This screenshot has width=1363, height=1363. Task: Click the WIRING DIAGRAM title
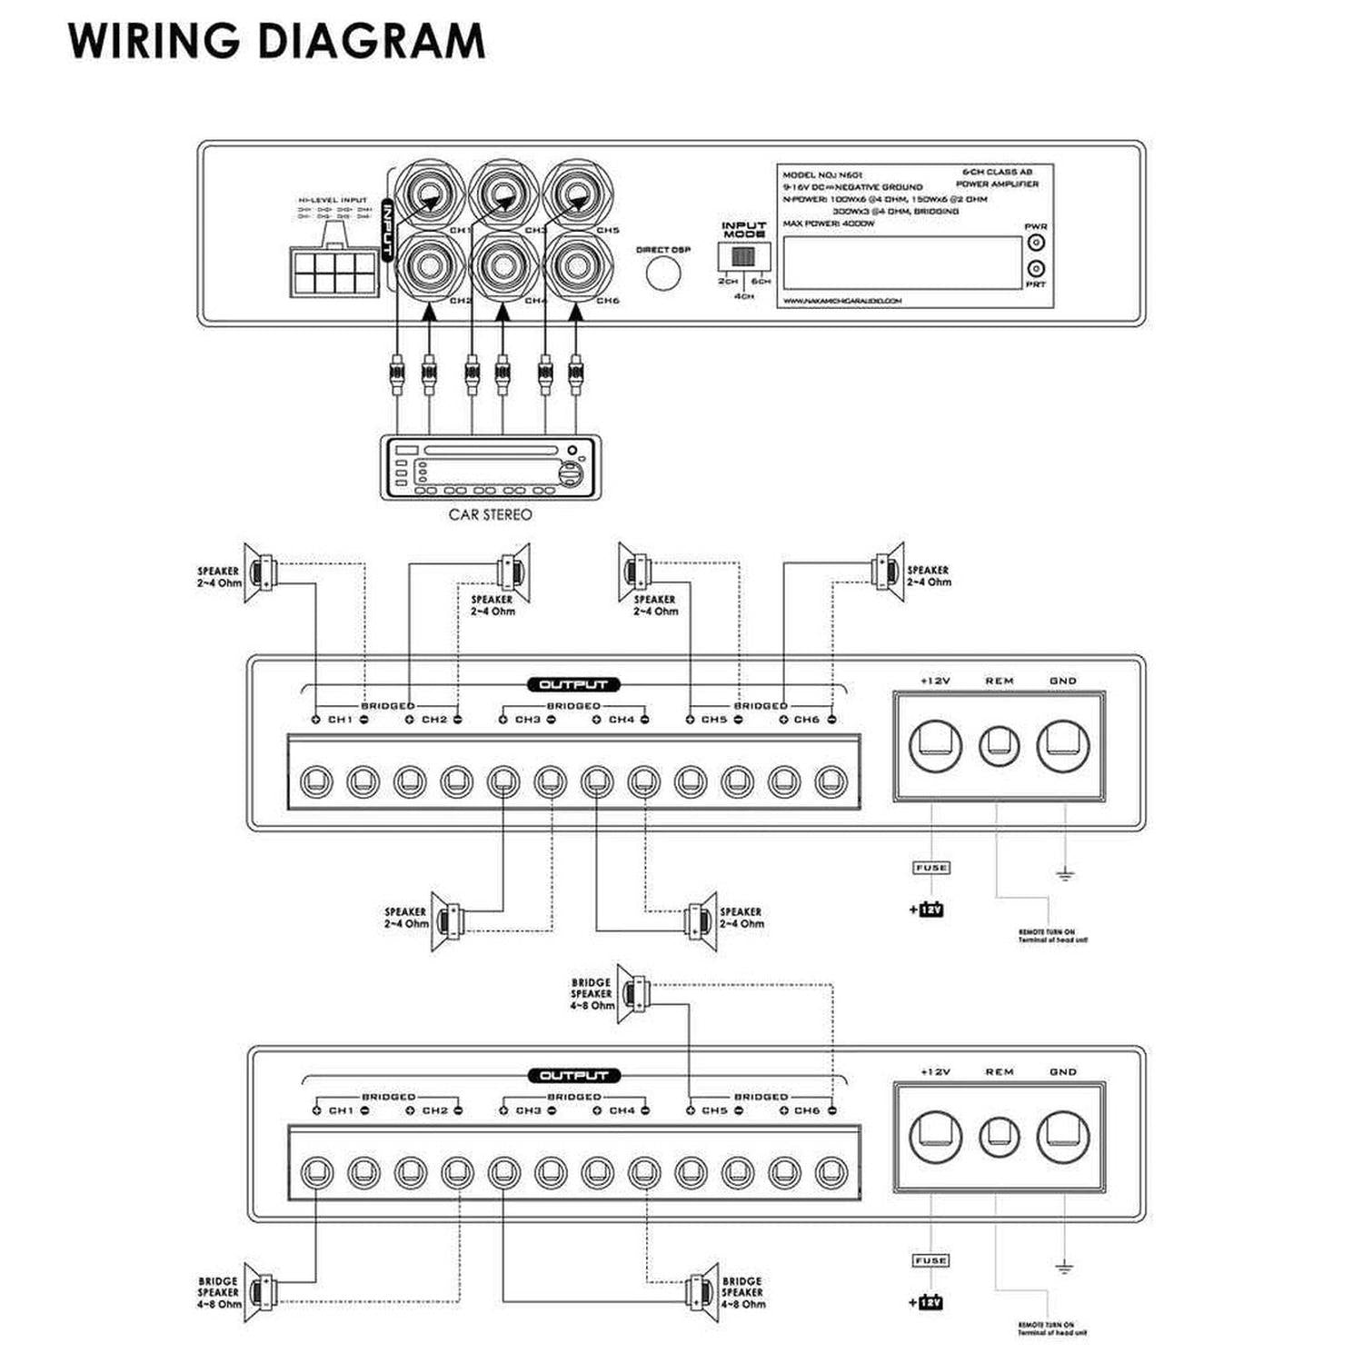pos(276,41)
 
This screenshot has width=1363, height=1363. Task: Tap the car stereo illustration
pos(490,467)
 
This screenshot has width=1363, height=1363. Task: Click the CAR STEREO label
pos(490,514)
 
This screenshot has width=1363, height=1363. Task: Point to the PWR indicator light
pos(1035,243)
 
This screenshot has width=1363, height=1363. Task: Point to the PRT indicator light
pos(1035,269)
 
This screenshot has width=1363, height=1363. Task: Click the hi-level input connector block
pos(333,270)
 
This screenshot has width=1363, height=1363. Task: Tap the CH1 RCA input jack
pos(430,194)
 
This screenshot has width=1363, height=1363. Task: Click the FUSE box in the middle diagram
pos(930,868)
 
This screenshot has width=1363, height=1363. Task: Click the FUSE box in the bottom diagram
pos(930,1260)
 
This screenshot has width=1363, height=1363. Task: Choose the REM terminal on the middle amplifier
pos(999,746)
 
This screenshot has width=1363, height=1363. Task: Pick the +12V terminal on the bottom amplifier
pos(935,1137)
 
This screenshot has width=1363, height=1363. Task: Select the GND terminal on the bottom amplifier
pos(1063,1137)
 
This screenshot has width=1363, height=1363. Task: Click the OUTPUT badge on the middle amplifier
pos(573,684)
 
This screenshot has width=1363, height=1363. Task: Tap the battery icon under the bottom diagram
pos(930,1302)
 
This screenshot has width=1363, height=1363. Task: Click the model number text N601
pos(851,174)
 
